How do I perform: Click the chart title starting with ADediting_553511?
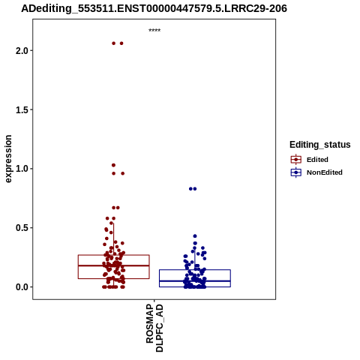154,8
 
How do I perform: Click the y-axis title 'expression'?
8,159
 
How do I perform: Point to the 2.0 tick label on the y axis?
21,51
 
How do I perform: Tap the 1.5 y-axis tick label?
21,109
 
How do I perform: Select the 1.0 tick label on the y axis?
21,169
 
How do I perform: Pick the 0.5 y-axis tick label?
21,228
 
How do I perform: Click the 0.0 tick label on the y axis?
21,287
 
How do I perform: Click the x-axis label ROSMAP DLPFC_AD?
154,328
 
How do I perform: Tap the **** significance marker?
154,31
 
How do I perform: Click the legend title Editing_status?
320,145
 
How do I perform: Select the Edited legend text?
317,160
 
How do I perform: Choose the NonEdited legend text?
325,172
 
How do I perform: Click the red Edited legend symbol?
296,160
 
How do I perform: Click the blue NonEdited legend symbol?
296,172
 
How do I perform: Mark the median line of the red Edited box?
114,265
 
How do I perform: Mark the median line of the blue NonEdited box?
195,281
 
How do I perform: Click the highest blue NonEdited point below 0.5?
195,236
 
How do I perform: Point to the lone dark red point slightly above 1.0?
113,165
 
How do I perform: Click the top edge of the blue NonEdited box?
195,270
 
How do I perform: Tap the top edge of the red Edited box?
114,255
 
